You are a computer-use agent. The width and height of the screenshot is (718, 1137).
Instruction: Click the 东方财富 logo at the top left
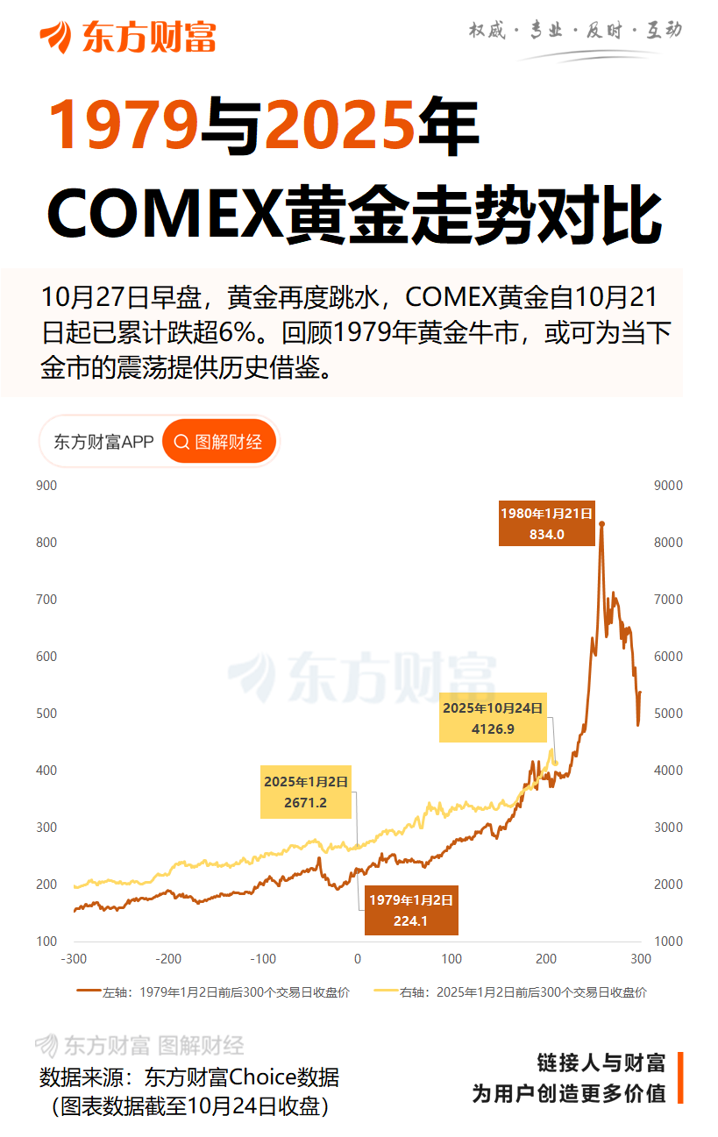(127, 37)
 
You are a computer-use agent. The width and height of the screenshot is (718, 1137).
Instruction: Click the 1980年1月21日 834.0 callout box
(546, 524)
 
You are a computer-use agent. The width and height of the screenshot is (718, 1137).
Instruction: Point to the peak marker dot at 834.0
(601, 524)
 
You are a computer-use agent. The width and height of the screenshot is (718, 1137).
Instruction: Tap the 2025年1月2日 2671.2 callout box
(306, 793)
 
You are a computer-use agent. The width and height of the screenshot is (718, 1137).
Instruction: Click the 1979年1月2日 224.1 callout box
(411, 910)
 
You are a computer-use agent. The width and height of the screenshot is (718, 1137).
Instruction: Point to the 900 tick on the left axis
(46, 486)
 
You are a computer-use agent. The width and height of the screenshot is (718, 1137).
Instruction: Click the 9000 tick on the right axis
(669, 486)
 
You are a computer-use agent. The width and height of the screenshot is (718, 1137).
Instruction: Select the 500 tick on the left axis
(46, 714)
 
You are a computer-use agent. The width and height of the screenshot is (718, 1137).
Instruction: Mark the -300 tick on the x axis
(74, 959)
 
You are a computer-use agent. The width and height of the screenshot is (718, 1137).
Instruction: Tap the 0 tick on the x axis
(358, 959)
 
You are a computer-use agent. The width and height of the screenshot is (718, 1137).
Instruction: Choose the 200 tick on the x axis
(546, 959)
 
